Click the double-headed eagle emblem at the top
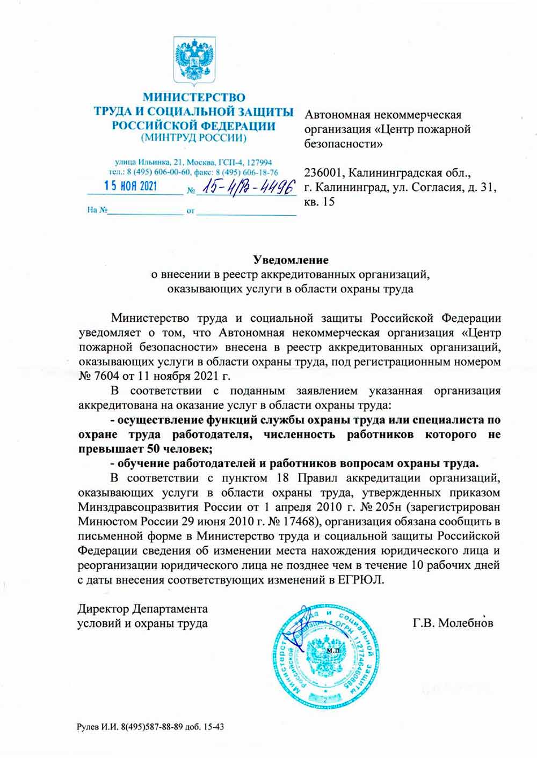tap(194, 59)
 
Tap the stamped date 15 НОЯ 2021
tap(130, 187)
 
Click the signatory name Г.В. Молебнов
tap(453, 623)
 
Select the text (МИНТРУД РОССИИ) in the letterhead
tap(193, 138)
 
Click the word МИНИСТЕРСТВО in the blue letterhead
tap(193, 98)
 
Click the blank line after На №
tap(145, 211)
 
